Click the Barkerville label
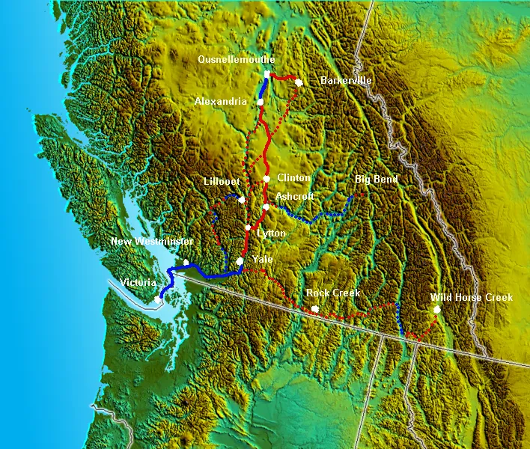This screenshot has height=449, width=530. click(346, 81)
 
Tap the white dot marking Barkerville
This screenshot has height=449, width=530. click(299, 82)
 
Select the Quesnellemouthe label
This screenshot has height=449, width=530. click(237, 59)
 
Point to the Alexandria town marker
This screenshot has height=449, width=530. click(261, 102)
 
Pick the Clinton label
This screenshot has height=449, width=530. click(293, 178)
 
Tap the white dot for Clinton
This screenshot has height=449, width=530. click(266, 178)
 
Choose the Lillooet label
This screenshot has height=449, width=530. click(222, 182)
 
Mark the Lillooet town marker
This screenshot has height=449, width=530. click(242, 201)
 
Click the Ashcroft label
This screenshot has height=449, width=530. click(295, 196)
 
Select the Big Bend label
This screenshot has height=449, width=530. click(377, 180)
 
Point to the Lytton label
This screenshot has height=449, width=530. click(270, 233)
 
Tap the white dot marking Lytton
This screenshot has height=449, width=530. click(248, 227)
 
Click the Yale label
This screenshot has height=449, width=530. click(262, 260)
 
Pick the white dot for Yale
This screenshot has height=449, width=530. click(240, 261)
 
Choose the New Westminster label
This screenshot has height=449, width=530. click(152, 242)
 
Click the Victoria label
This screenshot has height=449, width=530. click(138, 284)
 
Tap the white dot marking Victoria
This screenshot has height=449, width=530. click(158, 299)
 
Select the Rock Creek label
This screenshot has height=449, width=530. click(334, 293)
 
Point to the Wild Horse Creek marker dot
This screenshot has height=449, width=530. click(436, 309)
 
